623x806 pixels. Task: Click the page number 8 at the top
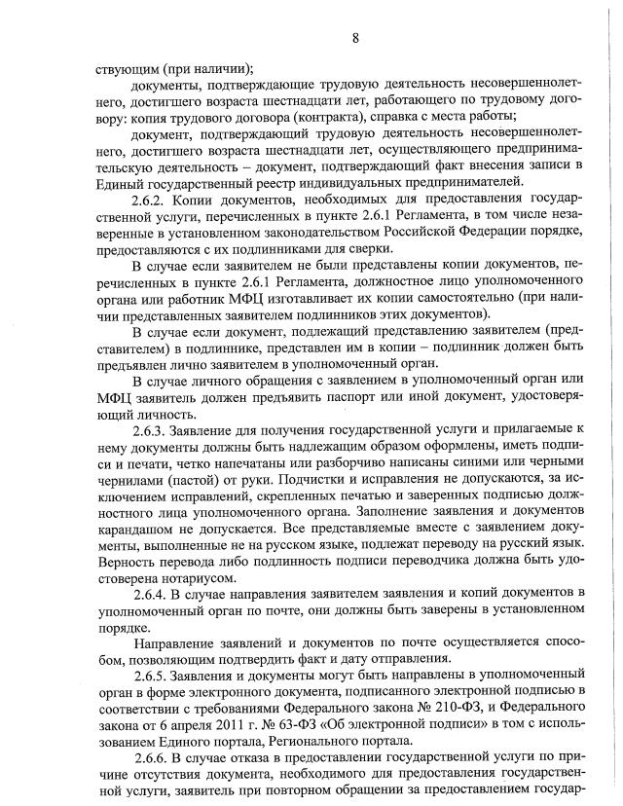click(x=355, y=38)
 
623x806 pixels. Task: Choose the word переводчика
click(x=420, y=560)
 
